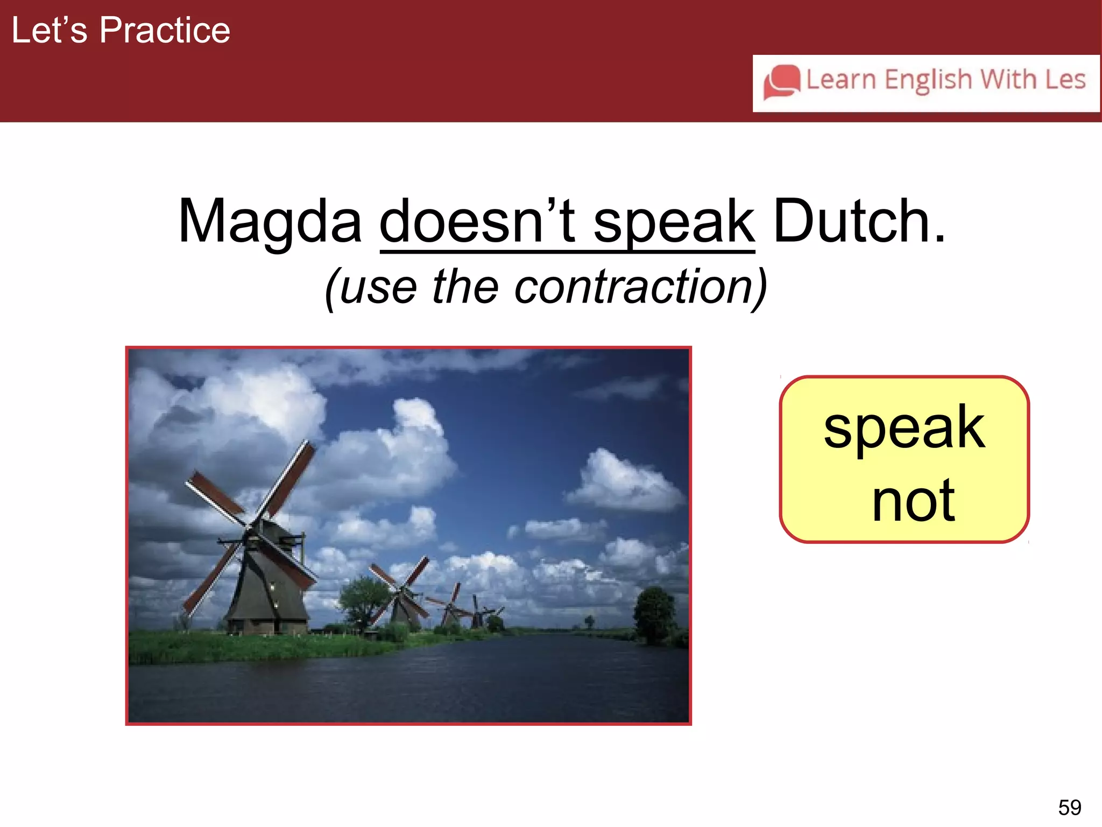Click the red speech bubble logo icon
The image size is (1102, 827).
781,82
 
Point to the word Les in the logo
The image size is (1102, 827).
1065,80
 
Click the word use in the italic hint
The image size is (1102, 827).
378,288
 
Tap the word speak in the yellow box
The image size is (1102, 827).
904,428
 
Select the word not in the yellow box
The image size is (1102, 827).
913,501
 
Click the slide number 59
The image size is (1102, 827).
1069,807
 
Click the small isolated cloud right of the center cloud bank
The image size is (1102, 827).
624,482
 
